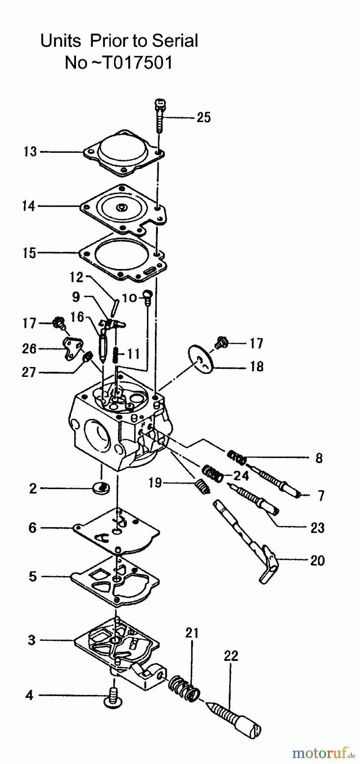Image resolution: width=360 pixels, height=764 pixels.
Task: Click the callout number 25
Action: (x=203, y=117)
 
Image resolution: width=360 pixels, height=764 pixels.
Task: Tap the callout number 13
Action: (x=30, y=152)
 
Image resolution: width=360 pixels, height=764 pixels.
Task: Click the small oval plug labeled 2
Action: (x=101, y=487)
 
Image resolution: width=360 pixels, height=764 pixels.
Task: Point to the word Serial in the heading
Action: (x=175, y=41)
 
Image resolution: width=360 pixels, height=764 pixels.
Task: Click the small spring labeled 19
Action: (x=202, y=486)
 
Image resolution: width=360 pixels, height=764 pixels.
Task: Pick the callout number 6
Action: (x=32, y=528)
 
